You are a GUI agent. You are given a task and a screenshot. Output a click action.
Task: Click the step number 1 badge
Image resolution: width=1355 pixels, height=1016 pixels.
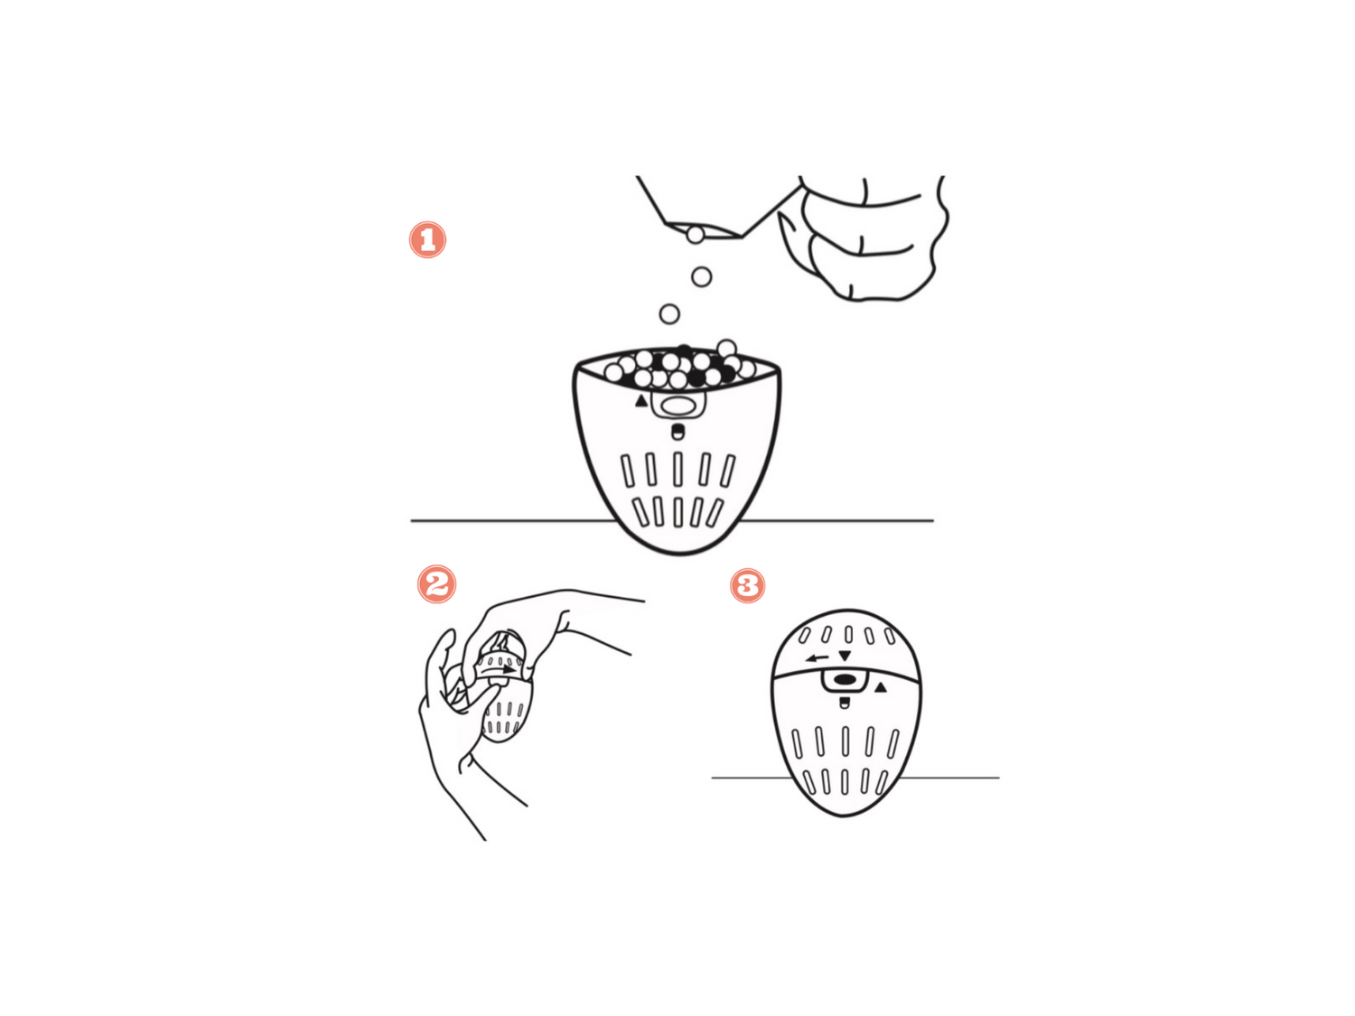[x=427, y=239]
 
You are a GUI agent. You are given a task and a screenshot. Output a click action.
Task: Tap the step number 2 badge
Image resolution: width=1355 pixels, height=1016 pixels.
[x=436, y=583]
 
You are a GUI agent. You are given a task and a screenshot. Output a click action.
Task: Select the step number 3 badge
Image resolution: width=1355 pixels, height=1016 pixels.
[x=747, y=585]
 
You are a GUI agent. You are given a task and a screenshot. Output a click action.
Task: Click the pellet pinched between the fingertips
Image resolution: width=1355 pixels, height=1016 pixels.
[x=695, y=235]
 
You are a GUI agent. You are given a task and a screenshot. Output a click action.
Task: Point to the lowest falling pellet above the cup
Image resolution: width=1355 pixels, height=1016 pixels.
[x=669, y=314]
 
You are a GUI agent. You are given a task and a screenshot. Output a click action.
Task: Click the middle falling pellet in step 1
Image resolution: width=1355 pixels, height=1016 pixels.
[x=701, y=276]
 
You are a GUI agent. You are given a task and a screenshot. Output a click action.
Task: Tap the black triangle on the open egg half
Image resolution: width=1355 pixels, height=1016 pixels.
[x=641, y=401]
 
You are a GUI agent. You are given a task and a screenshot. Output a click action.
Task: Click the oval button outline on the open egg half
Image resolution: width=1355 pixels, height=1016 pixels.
[x=677, y=406]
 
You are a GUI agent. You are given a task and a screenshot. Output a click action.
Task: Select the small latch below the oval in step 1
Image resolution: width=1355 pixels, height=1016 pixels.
[x=677, y=432]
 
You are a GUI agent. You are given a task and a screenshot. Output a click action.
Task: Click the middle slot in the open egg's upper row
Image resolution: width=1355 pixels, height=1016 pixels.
[x=677, y=470]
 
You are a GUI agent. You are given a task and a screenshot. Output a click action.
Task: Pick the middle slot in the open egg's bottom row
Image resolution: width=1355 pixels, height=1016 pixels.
[x=677, y=512]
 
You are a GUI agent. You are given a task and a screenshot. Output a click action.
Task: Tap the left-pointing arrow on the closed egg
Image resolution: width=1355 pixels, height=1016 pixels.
[x=817, y=658]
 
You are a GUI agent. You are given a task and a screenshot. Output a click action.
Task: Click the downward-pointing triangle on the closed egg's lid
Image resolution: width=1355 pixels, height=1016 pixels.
[x=845, y=655]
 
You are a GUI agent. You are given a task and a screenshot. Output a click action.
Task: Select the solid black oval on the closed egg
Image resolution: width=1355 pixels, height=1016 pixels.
[x=845, y=680]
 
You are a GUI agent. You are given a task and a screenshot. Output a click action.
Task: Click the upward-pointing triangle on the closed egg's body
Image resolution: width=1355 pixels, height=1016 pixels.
[x=880, y=687]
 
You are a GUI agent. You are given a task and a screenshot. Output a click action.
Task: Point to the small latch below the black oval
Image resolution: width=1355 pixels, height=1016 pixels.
[x=845, y=703]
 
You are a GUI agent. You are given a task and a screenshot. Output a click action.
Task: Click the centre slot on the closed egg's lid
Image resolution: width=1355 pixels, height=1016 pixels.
[x=849, y=635]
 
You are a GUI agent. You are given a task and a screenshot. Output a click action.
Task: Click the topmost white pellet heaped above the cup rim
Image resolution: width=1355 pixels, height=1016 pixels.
[x=726, y=349]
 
